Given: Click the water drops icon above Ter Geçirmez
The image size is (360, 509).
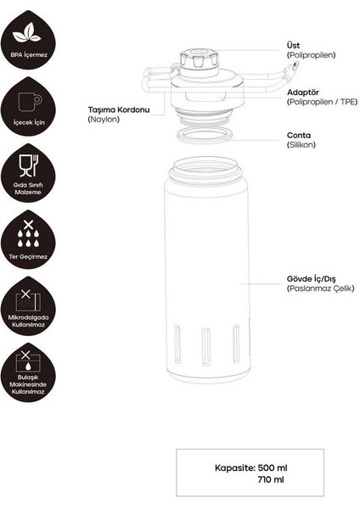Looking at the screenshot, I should [x=31, y=230].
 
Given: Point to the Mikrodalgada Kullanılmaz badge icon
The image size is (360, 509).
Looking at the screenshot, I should [x=31, y=299].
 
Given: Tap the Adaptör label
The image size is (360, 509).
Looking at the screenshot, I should [x=304, y=92].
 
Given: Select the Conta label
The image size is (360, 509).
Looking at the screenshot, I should [x=299, y=135].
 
